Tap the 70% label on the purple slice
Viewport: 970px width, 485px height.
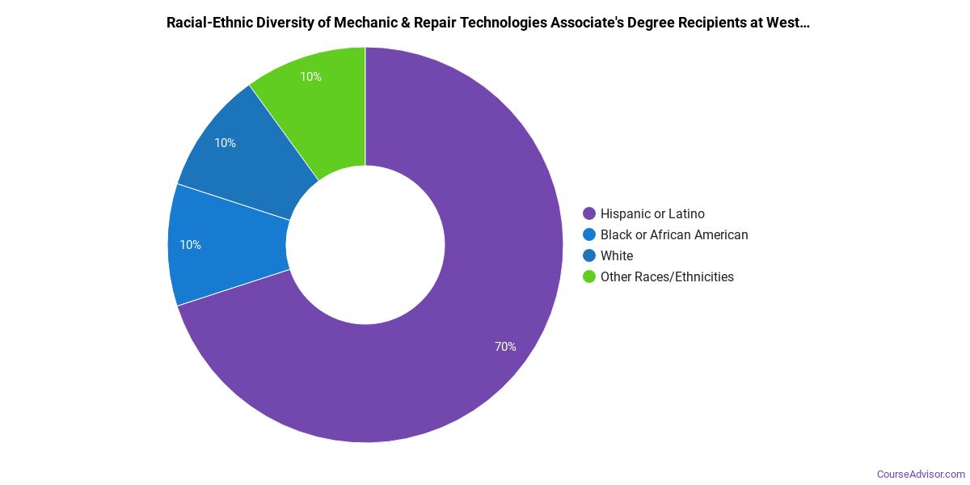point(505,347)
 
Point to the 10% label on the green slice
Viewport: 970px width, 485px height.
point(310,77)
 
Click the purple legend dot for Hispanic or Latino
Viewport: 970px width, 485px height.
point(589,214)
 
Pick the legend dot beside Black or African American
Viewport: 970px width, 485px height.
point(589,235)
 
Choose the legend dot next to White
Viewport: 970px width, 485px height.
point(589,256)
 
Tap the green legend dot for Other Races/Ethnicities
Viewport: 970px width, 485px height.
point(589,277)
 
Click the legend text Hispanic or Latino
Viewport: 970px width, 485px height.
point(652,214)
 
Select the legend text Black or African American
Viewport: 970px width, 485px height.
point(674,235)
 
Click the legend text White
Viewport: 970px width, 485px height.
point(617,256)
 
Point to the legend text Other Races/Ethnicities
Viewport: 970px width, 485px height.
point(667,277)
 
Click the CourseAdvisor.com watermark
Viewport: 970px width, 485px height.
point(921,474)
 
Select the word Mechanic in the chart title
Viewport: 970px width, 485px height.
point(350,23)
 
